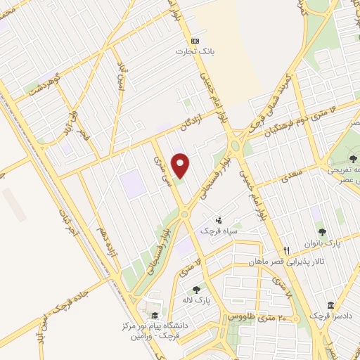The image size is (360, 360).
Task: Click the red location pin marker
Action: click(x=181, y=165)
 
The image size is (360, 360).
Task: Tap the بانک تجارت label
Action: click(x=194, y=51)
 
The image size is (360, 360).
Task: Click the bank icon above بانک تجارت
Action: click(x=195, y=40)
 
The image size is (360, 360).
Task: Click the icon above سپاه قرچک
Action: click(x=218, y=221)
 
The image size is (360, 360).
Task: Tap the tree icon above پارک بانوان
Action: click(x=322, y=231)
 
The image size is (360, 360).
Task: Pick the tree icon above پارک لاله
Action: click(x=196, y=289)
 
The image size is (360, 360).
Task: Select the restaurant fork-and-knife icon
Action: click(x=286, y=250)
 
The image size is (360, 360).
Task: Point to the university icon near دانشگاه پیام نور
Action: click(x=155, y=316)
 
